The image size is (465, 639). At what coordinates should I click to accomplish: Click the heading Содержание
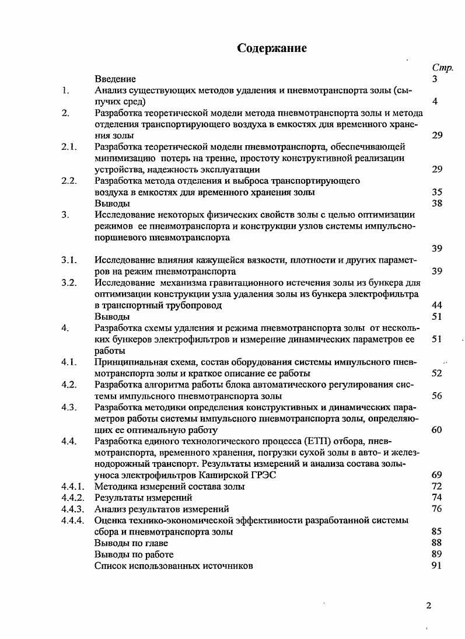click(272, 48)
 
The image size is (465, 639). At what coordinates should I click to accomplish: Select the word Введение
click(115, 79)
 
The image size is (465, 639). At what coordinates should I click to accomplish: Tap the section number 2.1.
click(69, 146)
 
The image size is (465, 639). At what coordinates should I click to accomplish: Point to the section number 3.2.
click(69, 283)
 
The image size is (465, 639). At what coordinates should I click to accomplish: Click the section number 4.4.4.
click(74, 520)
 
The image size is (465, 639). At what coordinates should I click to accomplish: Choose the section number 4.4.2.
click(74, 498)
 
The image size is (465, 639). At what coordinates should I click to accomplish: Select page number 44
click(436, 305)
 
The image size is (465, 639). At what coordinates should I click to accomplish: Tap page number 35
click(436, 192)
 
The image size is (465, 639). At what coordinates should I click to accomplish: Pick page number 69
click(436, 475)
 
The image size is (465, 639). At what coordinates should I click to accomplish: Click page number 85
click(436, 532)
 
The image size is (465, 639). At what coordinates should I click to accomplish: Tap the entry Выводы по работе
click(134, 554)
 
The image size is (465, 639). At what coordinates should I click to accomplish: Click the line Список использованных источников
click(174, 565)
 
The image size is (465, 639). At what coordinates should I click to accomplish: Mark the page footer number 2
click(429, 605)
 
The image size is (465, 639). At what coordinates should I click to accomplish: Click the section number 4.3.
click(69, 407)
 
